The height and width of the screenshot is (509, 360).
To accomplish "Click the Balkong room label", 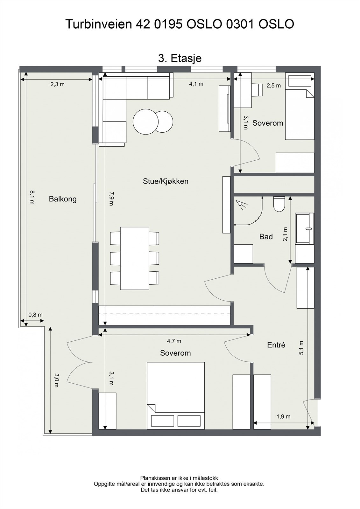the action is click(x=63, y=199).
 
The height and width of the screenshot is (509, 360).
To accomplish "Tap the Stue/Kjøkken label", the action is click(x=166, y=181).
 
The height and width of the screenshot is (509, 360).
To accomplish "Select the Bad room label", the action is click(x=266, y=237).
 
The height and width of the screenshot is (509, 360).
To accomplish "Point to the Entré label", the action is click(x=276, y=345).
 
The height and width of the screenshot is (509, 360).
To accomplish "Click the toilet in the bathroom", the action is click(x=279, y=204).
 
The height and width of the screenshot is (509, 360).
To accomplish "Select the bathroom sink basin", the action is click(x=305, y=229).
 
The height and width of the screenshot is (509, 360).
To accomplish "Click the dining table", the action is click(x=135, y=258).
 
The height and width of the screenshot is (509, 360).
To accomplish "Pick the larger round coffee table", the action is click(x=145, y=122).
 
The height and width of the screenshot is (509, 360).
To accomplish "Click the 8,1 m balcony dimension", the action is click(x=32, y=197).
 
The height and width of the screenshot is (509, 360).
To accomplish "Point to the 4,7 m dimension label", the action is click(x=174, y=341).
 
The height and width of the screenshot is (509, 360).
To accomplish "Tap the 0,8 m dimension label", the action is click(x=35, y=315).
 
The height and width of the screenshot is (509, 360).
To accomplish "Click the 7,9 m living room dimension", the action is click(x=111, y=199).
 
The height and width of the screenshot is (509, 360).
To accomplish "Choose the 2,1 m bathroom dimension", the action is click(x=286, y=234).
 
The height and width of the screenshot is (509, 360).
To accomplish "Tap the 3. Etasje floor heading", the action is click(x=180, y=59).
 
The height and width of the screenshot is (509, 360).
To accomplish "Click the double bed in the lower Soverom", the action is click(x=176, y=396).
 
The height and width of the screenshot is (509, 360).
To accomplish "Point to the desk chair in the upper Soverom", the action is click(x=257, y=90).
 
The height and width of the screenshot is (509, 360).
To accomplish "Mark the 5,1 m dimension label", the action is click(x=301, y=348).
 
